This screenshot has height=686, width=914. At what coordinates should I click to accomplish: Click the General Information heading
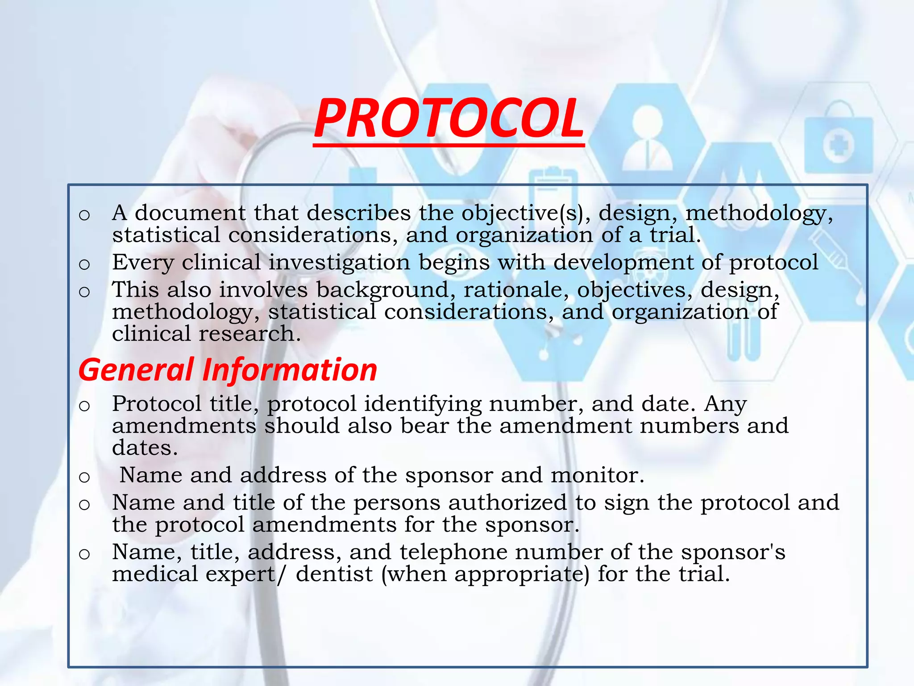(228, 370)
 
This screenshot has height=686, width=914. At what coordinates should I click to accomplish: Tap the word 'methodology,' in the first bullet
(759, 213)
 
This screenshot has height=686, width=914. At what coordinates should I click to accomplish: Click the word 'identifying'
(423, 405)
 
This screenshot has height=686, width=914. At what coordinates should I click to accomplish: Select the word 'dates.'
(145, 448)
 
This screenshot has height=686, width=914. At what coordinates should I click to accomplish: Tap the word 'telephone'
(453, 552)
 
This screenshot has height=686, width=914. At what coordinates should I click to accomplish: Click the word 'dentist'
(334, 574)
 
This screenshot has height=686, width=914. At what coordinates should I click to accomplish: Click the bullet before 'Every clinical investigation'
(84, 264)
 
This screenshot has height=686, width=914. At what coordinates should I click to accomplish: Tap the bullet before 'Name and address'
(84, 477)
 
